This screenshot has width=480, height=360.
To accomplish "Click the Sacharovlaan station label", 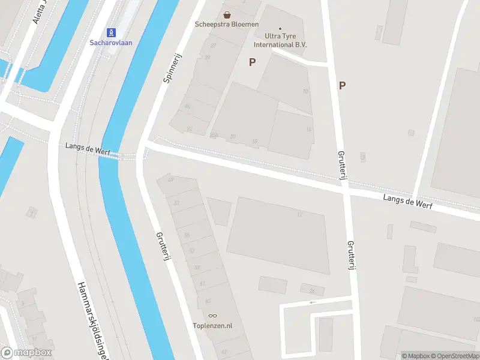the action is pyautogui.click(x=111, y=43).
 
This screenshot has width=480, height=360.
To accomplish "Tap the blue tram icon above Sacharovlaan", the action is pyautogui.click(x=111, y=32).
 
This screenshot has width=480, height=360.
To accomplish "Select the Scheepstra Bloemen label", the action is pyautogui.click(x=227, y=24).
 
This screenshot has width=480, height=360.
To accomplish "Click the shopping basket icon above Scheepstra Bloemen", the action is pyautogui.click(x=227, y=14).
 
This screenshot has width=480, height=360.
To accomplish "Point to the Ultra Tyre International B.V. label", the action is pyautogui.click(x=280, y=40).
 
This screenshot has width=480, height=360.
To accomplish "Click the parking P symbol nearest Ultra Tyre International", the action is pyautogui.click(x=253, y=62).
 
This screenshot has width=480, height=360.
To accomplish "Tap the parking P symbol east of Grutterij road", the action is pyautogui.click(x=342, y=85).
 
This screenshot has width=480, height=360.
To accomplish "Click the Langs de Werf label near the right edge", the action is pyautogui.click(x=408, y=201).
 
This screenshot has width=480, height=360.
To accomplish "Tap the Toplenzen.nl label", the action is pyautogui.click(x=212, y=326).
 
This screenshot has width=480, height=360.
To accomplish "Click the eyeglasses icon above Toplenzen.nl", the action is pyautogui.click(x=212, y=316).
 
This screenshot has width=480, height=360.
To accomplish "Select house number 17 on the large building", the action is pyautogui.click(x=299, y=214).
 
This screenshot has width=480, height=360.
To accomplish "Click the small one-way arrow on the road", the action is pyautogui.click(x=312, y=302).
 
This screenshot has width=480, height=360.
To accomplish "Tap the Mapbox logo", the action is pyautogui.click(x=26, y=352).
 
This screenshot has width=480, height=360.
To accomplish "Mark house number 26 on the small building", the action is pyautogui.click(x=312, y=290).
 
